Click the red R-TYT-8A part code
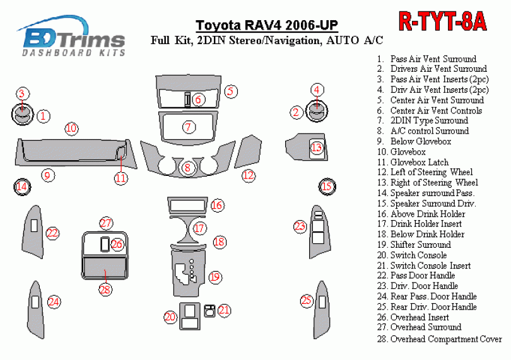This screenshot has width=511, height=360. pos(443,22)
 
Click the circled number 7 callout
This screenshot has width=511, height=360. pos(188,127)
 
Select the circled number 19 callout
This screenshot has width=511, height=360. pos(215,276)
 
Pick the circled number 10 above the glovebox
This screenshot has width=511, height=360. pos(71,129)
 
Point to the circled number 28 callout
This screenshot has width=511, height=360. pos(105,289)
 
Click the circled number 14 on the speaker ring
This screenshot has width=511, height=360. pos(21,186)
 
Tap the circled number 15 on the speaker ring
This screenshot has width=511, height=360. pos(327,186)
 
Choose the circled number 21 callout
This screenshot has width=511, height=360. pos(225,310)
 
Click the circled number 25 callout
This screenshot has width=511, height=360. pos(307,301)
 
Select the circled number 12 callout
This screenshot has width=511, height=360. pos(249,175)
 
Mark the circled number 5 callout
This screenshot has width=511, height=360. pos(231,91)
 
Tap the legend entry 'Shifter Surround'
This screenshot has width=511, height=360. pos(420,245)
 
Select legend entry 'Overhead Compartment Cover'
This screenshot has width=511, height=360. pos(445,339)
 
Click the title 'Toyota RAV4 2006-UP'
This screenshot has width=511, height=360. pos(266,26)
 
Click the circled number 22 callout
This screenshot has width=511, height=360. pos(52,233)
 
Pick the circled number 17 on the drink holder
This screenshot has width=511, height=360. pos(199,228)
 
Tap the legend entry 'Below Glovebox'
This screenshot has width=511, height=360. pos(420,141)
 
